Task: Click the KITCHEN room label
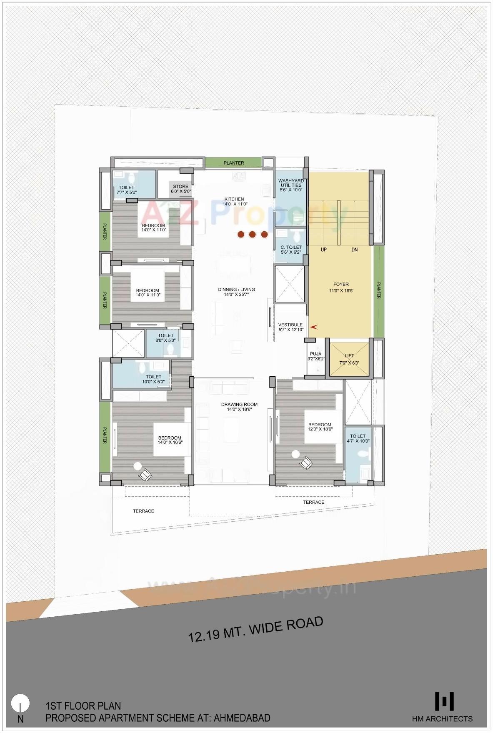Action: (x=234, y=199)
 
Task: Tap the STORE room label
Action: (x=180, y=186)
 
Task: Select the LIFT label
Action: (x=349, y=356)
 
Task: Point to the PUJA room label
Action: (x=315, y=354)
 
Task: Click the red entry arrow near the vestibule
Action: (x=314, y=327)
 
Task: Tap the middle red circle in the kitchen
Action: (x=252, y=235)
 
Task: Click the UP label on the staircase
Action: (x=324, y=250)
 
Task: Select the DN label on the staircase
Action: (x=354, y=250)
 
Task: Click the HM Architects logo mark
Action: (x=444, y=701)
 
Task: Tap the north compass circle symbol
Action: (x=20, y=703)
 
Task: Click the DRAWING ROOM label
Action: (x=239, y=404)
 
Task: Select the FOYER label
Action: (x=341, y=284)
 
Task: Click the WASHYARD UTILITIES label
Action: (x=291, y=183)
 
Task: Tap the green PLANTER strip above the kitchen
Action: (x=233, y=163)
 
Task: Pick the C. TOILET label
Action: (x=291, y=247)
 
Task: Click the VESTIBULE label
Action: (x=290, y=325)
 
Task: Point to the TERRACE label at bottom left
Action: (x=143, y=511)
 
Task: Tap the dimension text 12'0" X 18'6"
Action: (x=320, y=429)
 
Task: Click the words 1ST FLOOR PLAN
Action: (x=83, y=706)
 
